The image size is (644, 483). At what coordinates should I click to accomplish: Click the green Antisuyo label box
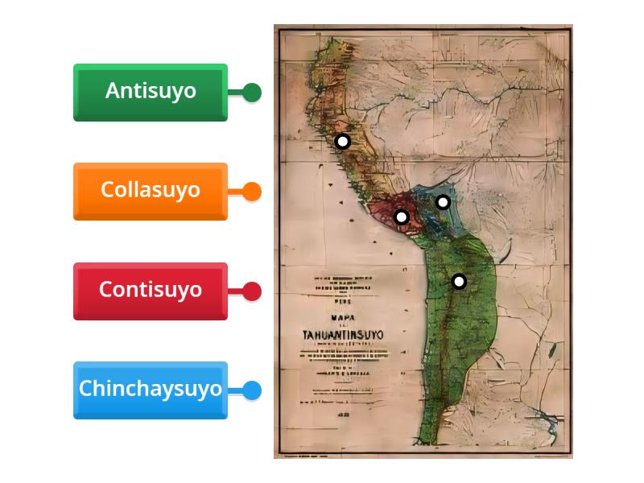coord(151,92)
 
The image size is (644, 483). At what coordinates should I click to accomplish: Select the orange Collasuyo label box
coord(151,191)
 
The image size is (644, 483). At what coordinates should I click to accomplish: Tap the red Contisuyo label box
coord(151,291)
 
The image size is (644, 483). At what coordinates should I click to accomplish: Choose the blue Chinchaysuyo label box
coord(151,390)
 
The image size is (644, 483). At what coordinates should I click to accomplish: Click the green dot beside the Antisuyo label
coord(252,93)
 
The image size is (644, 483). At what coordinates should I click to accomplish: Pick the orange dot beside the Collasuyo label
coord(252,192)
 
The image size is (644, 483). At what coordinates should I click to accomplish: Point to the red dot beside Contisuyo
coord(252,291)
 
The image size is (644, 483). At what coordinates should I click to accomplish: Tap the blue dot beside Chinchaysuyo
coord(252,390)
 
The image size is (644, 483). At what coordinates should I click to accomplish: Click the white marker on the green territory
coord(459,281)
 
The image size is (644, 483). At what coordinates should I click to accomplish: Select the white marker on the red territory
coord(402,217)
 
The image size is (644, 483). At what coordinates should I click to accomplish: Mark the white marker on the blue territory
coord(443,202)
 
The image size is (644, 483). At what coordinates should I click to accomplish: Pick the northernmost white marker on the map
coord(342,142)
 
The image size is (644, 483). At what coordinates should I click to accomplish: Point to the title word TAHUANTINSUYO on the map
coord(343,334)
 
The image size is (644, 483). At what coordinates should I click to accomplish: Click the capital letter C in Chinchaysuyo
coord(85,389)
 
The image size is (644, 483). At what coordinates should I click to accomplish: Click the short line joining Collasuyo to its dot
coord(235,192)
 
